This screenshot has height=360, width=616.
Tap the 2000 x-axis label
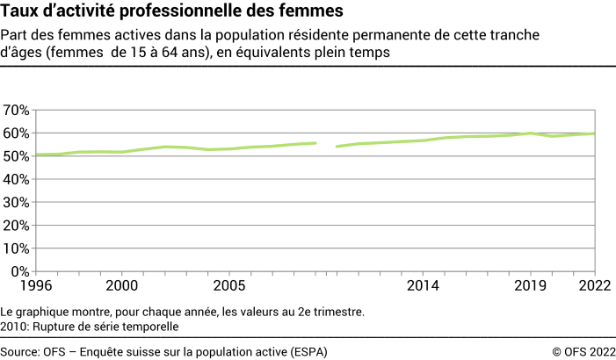121,286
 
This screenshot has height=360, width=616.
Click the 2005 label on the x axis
229,286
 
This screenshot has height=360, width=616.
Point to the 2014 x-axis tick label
423,286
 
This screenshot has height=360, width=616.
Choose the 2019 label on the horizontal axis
531,286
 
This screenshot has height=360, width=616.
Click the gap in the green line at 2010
326,145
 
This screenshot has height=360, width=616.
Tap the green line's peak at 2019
531,133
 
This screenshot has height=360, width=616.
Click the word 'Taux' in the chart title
19,11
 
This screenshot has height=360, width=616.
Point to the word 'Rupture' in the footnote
54,327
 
